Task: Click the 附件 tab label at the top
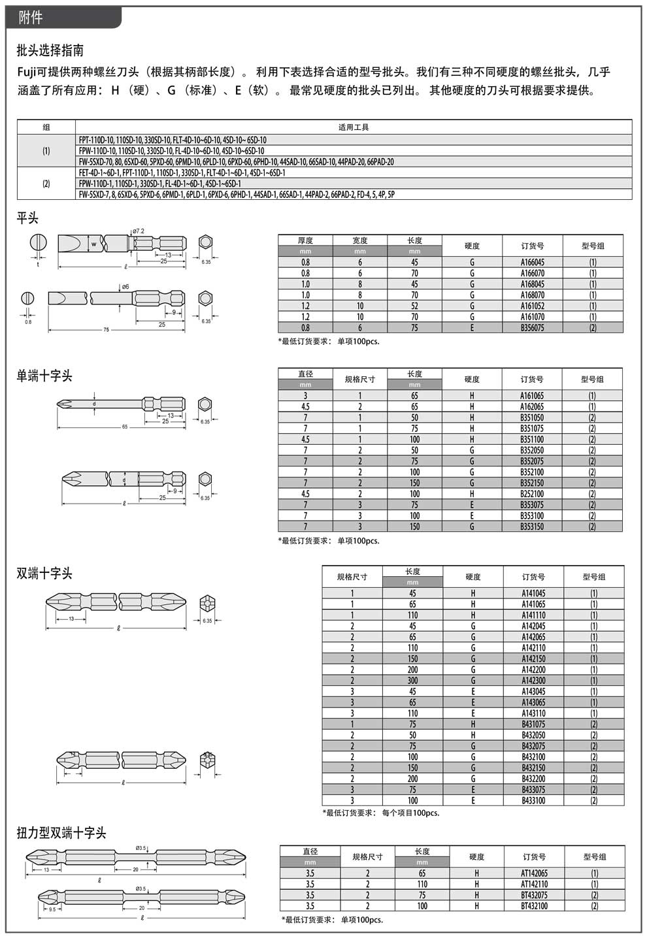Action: coord(31,18)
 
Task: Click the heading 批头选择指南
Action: coord(50,50)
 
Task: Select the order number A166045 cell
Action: coord(532,262)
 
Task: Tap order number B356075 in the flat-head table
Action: coord(532,328)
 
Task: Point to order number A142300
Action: coord(533,681)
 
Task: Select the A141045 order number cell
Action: coord(533,593)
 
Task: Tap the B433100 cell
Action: coord(533,800)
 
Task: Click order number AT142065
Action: coord(534,873)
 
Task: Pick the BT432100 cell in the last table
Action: coord(534,906)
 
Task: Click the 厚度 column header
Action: coord(305,240)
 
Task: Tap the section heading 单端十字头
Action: coord(44,376)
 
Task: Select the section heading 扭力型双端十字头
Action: coord(61,833)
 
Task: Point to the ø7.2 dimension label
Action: coord(138,231)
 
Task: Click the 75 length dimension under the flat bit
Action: coord(106,330)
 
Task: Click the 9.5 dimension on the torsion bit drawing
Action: coord(52,909)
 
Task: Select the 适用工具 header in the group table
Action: coord(354,127)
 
